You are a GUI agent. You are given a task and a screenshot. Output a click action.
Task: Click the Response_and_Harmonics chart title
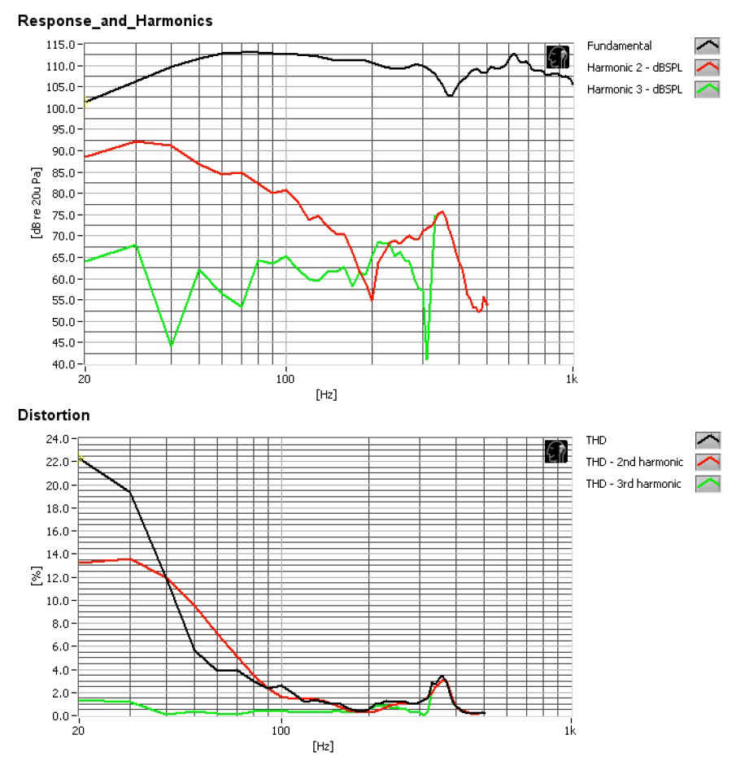pyautogui.click(x=115, y=21)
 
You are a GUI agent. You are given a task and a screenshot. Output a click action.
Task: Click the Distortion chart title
pyautogui.click(x=54, y=415)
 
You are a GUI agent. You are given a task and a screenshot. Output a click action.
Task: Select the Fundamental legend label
pyautogui.click(x=619, y=46)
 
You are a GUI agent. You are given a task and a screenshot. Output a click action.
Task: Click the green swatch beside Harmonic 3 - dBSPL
pyautogui.click(x=708, y=89)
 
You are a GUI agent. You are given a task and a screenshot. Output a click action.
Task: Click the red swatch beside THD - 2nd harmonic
pyautogui.click(x=708, y=463)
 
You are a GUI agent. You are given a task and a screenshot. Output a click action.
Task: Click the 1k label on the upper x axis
pyautogui.click(x=573, y=379)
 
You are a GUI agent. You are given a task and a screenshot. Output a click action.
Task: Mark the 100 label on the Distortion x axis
pyautogui.click(x=281, y=729)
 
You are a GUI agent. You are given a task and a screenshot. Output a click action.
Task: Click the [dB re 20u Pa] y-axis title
pyautogui.click(x=36, y=205)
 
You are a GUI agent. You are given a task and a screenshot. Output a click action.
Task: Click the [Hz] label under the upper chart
pyautogui.click(x=326, y=394)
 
